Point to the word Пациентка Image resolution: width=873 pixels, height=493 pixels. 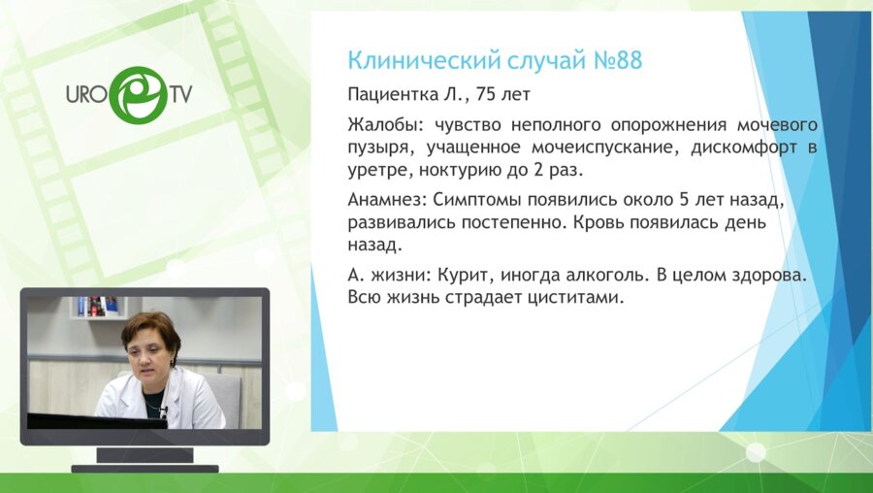point(390,97)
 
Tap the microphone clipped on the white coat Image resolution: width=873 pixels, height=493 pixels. point(162,411)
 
